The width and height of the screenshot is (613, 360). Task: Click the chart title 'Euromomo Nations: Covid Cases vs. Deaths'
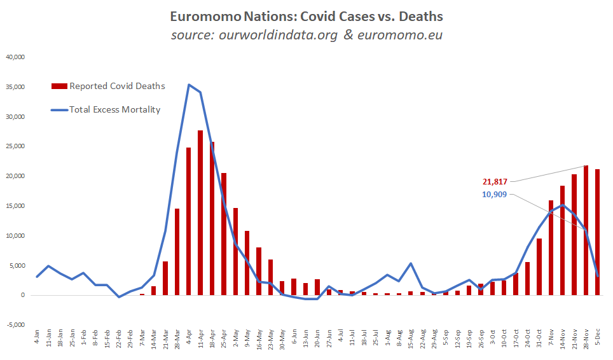(306, 15)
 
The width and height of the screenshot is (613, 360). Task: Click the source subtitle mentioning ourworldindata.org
(306, 34)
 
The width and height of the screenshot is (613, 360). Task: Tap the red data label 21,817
(493, 182)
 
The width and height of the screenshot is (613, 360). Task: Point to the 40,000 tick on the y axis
(15, 57)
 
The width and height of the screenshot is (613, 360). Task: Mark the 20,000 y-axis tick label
(15, 176)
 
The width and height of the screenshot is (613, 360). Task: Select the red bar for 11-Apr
(200, 212)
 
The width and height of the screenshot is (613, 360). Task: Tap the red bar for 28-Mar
(177, 252)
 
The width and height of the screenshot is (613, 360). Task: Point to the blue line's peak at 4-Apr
(189, 85)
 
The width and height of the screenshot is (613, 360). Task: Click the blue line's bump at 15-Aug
(411, 263)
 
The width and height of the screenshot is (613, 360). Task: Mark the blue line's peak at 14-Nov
(563, 205)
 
